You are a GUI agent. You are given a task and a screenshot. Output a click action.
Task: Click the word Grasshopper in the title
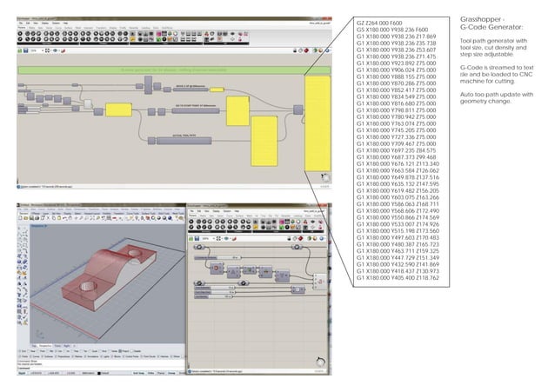point(480,19)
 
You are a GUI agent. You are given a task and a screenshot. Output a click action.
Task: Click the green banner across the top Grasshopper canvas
point(174,68)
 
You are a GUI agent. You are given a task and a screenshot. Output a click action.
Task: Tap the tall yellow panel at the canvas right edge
point(318,122)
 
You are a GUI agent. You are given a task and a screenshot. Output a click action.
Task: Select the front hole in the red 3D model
point(88,285)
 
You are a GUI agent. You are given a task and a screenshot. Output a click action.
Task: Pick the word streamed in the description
point(496,67)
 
